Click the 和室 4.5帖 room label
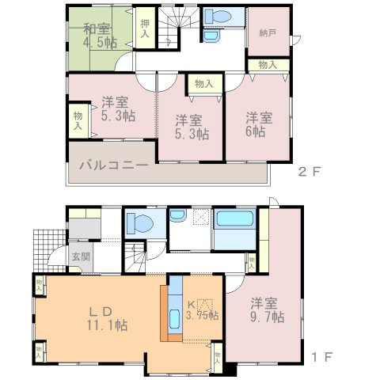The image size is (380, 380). pos(99,37)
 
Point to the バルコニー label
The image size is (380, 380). pos(112,167)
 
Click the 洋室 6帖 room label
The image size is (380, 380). pos(258,122)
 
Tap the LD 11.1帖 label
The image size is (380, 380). pos(108,317)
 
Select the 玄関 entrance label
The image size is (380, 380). pos(81,257)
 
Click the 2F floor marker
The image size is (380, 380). pos(308,170)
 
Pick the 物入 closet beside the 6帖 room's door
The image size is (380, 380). pos(267,65)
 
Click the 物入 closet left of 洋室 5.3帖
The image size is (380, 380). pos(78,120)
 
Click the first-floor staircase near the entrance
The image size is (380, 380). pos(135,258)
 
